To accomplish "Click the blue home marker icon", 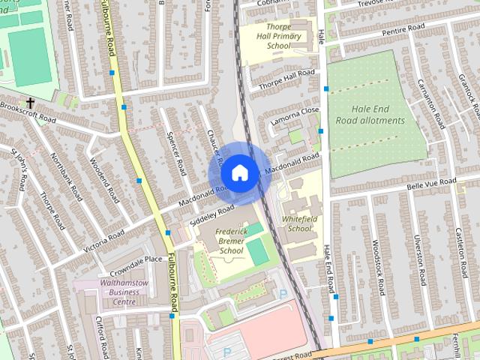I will click(x=238, y=172).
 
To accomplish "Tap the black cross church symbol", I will click(x=30, y=103).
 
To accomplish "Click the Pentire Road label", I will click(x=402, y=29).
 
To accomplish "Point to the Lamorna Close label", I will click(x=295, y=114).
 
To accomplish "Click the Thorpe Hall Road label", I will click(x=287, y=75).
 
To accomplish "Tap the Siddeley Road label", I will click(x=213, y=213).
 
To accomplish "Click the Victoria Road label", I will click(x=104, y=240).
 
